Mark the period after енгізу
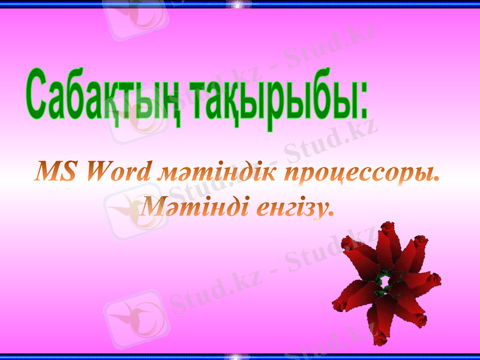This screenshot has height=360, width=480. point(330,214)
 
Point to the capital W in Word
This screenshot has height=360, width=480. point(100,172)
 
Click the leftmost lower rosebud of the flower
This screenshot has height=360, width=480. point(341,305)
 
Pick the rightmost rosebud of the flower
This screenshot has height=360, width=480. point(434,280)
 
